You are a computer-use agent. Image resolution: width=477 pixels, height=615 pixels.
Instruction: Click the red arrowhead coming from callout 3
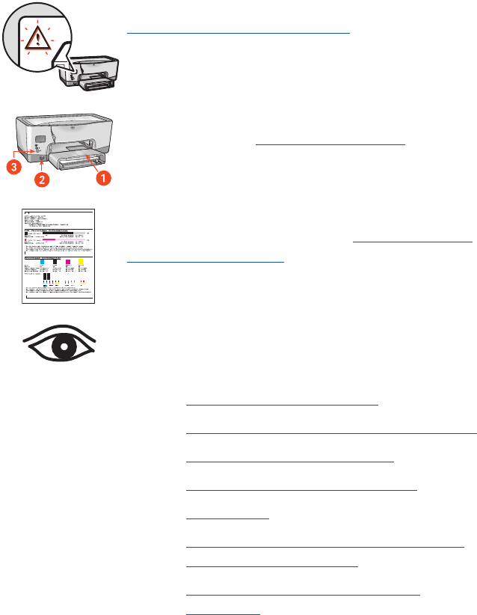tap(32, 153)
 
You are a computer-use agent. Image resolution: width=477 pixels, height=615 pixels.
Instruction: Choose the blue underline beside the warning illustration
tap(238, 33)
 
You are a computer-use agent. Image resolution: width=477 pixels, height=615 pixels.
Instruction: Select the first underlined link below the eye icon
tap(283, 404)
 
